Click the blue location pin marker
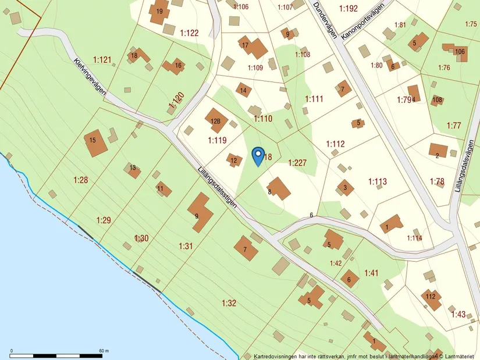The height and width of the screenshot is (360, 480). [258, 156]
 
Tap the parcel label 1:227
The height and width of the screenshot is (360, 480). [297, 163]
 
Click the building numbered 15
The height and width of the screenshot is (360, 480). [95, 143]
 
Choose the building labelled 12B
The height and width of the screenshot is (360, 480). [216, 120]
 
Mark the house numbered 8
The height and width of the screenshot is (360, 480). [279, 188]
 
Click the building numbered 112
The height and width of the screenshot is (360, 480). [431, 298]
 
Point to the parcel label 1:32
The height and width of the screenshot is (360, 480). [229, 303]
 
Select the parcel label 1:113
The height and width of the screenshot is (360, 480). [377, 182]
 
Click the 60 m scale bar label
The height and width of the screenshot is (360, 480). [104, 351]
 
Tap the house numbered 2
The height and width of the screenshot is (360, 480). [438, 152]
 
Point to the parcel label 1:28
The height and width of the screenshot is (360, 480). [80, 180]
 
